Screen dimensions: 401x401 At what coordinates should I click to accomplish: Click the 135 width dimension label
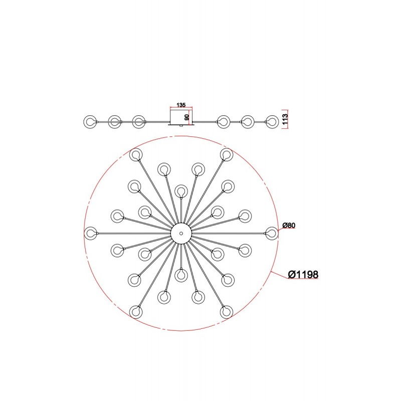(181, 105)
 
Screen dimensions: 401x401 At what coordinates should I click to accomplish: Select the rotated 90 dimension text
(186, 117)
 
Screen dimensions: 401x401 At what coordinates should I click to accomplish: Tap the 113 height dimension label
(285, 119)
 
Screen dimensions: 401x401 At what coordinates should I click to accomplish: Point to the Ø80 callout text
(289, 225)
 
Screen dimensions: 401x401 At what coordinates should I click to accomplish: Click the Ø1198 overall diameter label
(303, 274)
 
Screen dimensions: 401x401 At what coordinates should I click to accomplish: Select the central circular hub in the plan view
(181, 233)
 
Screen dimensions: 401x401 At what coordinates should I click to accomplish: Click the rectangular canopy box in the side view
(181, 117)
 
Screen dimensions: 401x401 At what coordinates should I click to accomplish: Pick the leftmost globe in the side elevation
(90, 122)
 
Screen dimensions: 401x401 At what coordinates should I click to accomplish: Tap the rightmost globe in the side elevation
(272, 122)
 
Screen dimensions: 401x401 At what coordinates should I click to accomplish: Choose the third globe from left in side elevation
(139, 122)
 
